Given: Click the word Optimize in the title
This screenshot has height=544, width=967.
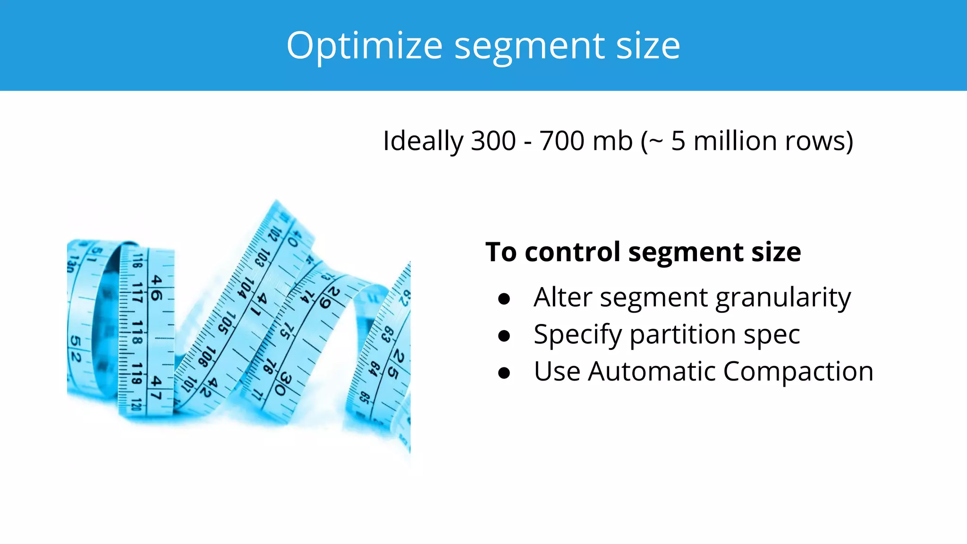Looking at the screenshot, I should click(364, 46).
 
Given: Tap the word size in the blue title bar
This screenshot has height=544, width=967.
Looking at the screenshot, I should click(648, 46).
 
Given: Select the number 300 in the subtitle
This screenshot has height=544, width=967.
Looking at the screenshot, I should click(493, 141).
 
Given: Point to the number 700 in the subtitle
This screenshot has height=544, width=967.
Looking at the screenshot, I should click(562, 141).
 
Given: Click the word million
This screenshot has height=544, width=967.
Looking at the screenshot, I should click(735, 141).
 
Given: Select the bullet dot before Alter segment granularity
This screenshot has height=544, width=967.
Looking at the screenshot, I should click(504, 298).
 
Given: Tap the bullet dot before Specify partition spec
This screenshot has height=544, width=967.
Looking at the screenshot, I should click(504, 335).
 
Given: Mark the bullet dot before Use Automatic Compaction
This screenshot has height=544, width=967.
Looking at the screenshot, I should click(504, 373).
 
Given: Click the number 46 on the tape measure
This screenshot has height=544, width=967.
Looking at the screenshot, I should click(156, 289).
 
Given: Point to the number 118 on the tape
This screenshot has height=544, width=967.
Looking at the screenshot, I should click(137, 332).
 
